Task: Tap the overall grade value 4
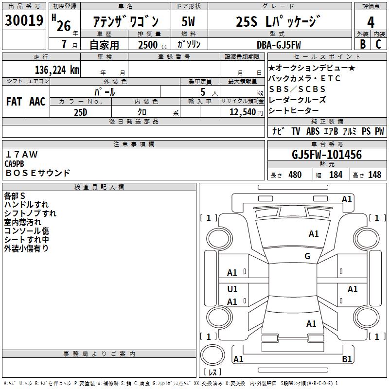click(371, 22)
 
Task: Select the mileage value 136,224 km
click(57, 70)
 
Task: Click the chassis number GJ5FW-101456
click(327, 155)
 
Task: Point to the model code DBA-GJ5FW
click(279, 45)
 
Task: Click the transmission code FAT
click(14, 101)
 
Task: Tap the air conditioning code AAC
click(37, 101)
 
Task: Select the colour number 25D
click(80, 112)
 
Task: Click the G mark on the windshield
click(307, 256)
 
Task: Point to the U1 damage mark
click(232, 289)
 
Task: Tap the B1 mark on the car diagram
click(347, 359)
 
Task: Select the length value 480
click(295, 175)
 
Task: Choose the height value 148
click(375, 175)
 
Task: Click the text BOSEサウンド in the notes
click(37, 173)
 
